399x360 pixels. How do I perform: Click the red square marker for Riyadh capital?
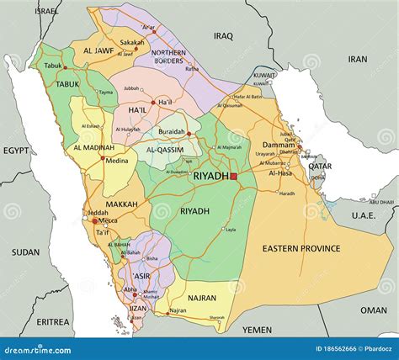click(x=233, y=177)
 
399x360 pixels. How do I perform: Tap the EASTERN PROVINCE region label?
click(x=301, y=248)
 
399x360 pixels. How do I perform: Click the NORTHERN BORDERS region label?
click(x=168, y=56)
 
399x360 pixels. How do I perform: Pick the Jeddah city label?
click(x=98, y=213)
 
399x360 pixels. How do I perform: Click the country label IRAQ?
click(x=223, y=36)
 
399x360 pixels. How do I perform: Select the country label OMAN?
click(x=374, y=310)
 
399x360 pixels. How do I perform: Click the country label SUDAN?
click(x=25, y=251)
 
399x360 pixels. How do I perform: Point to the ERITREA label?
click(x=52, y=321)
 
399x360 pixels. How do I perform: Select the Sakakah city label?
click(x=131, y=41)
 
